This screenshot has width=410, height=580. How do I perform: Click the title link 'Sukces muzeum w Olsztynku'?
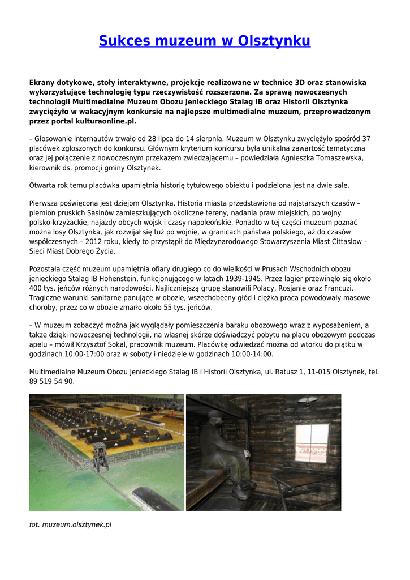[205, 41]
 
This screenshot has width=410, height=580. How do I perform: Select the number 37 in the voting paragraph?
[366, 138]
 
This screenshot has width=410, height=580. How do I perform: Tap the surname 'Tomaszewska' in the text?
[330, 157]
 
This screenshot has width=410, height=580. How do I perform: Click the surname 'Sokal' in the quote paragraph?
[163, 344]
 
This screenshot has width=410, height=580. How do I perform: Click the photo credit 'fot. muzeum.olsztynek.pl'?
[70, 524]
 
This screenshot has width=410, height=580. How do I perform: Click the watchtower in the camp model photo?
[101, 456]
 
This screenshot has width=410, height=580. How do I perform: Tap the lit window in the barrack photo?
[312, 442]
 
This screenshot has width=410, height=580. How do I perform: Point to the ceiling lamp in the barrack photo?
[307, 401]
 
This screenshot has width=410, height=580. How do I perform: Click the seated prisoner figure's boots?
[243, 488]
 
